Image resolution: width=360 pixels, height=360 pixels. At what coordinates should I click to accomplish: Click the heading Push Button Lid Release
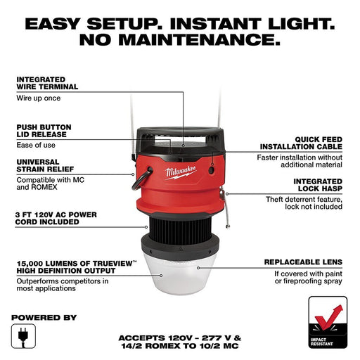coord(43,131)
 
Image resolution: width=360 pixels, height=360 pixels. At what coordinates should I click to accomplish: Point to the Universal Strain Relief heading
coord(42,165)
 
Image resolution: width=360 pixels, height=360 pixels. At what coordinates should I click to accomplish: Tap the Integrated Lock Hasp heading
coord(313,185)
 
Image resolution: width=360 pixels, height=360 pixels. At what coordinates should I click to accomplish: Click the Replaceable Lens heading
coord(303,262)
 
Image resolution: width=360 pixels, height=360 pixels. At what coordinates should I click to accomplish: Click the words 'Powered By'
coord(44,317)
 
